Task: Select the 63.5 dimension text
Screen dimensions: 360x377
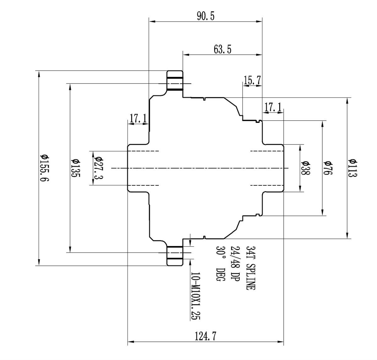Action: [x=222, y=49]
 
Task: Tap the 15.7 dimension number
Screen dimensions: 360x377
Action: [x=252, y=80]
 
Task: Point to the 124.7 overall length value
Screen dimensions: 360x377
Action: [x=206, y=336]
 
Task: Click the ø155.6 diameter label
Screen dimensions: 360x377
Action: [x=44, y=168]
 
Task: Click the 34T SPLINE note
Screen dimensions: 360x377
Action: [x=250, y=268]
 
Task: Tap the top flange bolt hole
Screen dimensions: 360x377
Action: [x=174, y=84]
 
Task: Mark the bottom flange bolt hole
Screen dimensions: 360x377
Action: [x=174, y=252]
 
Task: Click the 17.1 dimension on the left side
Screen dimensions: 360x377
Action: [x=138, y=118]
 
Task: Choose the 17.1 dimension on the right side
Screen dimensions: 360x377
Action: [x=273, y=107]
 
